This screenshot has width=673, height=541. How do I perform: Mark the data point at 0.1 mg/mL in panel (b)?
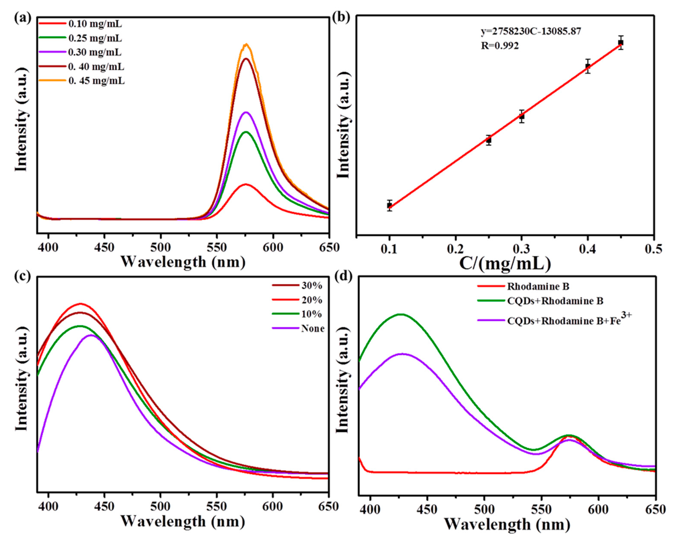[x=389, y=205]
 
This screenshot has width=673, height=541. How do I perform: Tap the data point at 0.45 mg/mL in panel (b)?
[x=621, y=42]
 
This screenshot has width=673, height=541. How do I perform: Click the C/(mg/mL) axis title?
[x=505, y=264]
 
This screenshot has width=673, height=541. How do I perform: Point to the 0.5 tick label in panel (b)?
[x=654, y=249]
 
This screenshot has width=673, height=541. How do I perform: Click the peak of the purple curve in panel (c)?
[x=91, y=335]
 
